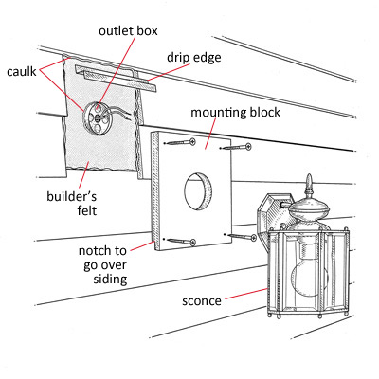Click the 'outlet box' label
128,31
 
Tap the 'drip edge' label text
194,58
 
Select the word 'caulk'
22,72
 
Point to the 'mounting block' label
235,113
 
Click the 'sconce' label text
202,301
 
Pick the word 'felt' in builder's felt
87,210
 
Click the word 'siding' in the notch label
110,280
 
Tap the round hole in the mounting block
198,191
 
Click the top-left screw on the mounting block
180,142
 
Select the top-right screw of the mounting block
235,147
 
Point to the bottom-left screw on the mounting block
180,242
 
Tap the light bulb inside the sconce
309,271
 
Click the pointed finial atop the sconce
309,187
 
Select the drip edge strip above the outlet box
116,79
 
